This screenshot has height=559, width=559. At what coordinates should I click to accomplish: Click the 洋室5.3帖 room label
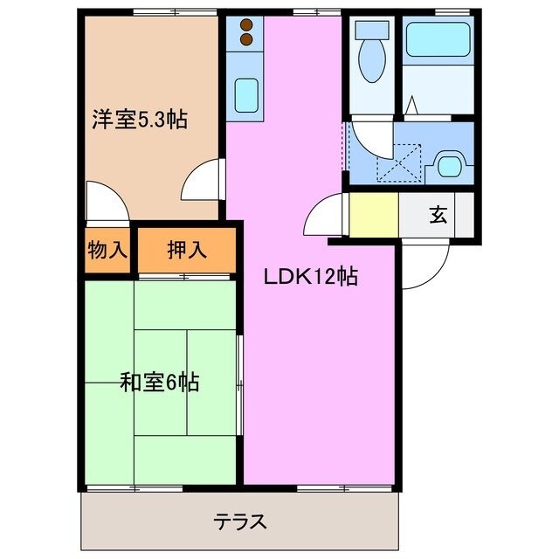tap(140, 120)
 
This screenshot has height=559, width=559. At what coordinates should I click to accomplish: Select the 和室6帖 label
tap(159, 382)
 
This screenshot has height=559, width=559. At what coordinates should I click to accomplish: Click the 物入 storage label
tap(107, 250)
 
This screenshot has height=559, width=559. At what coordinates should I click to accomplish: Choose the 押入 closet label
tap(187, 250)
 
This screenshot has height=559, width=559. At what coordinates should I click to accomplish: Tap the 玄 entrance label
tap(438, 216)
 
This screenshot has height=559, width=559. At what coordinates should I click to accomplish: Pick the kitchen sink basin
tap(247, 91)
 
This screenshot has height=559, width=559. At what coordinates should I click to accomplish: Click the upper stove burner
tap(246, 24)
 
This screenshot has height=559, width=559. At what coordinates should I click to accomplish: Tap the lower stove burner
tap(246, 38)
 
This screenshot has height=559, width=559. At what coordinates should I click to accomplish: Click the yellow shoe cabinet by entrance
tap(374, 215)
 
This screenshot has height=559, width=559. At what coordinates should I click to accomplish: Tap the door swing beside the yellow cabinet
tap(328, 213)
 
